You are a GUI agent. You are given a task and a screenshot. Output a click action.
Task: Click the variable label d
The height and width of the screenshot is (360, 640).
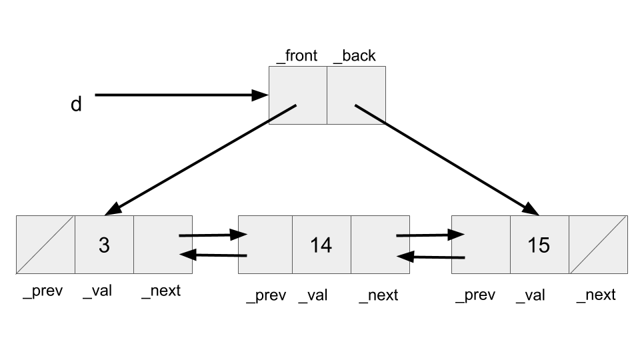[x=76, y=105]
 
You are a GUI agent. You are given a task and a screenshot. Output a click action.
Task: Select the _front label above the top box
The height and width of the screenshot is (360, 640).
[x=297, y=56]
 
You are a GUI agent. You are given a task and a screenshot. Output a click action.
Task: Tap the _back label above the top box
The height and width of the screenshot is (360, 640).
[x=354, y=56]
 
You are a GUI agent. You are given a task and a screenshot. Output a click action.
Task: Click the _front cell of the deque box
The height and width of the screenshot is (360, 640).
[x=297, y=95]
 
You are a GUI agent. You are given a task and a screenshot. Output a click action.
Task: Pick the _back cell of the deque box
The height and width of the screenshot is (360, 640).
[x=357, y=95]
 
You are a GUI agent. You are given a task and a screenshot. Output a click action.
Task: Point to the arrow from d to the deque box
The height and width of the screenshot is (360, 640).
[x=180, y=95]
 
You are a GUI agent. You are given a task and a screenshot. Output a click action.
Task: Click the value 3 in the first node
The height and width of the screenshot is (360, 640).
[x=104, y=245]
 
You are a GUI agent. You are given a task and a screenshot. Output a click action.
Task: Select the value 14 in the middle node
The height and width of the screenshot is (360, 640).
[x=321, y=245]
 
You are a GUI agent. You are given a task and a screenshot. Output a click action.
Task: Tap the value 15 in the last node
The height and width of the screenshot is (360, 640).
[x=539, y=245]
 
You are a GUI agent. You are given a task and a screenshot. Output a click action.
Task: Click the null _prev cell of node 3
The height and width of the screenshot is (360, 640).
[x=45, y=245]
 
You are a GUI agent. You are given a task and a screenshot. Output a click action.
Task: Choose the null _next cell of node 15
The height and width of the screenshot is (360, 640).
[x=598, y=245]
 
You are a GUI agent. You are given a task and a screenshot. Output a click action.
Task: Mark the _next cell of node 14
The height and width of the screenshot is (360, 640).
[x=380, y=245]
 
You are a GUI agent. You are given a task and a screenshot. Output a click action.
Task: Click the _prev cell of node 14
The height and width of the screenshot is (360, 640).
[x=265, y=245]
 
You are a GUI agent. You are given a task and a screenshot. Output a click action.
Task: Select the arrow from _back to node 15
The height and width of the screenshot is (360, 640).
[x=447, y=157]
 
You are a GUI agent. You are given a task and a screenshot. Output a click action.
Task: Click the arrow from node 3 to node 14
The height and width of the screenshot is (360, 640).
[x=213, y=235]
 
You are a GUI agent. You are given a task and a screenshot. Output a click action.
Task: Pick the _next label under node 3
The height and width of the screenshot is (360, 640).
[x=161, y=291]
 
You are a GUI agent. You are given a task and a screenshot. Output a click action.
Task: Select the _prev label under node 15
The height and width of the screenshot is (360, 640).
[x=475, y=295]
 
